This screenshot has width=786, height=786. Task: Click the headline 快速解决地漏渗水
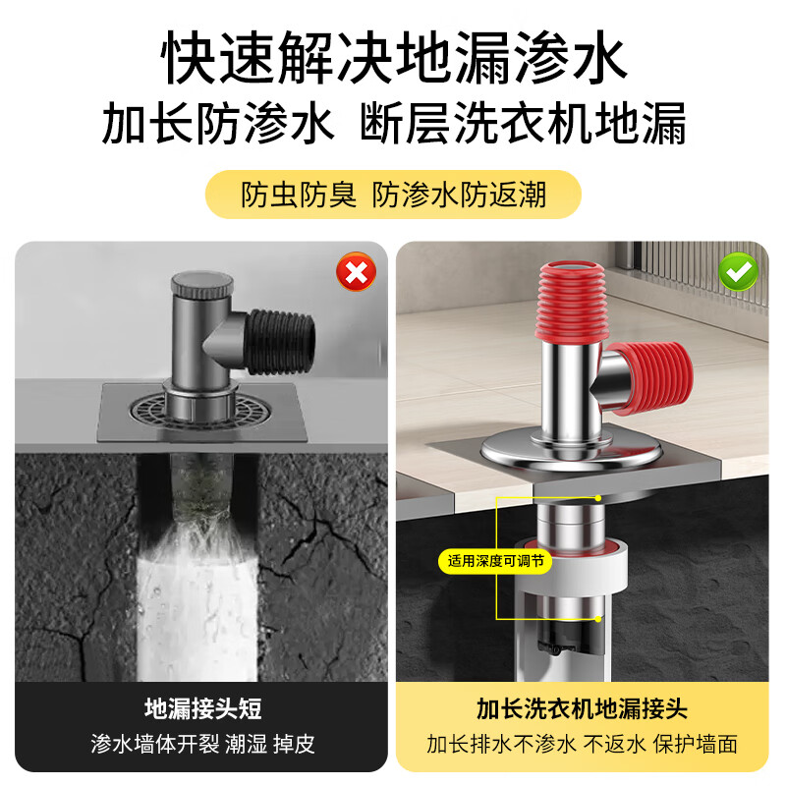tap(393, 61)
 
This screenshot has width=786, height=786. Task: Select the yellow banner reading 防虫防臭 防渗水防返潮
tap(393, 195)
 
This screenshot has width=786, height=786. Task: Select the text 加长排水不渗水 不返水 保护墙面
tap(583, 744)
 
